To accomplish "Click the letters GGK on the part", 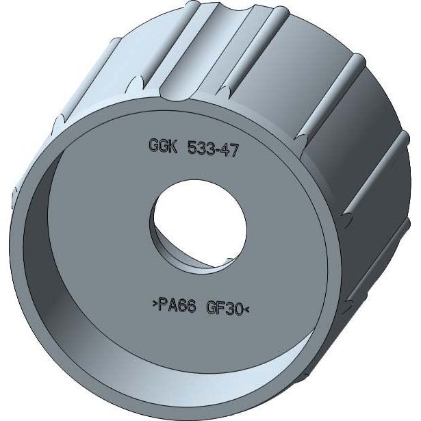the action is [163, 146].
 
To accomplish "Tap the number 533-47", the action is [213, 149].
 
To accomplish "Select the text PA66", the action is [177, 305].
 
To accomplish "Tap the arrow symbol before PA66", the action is [155, 304].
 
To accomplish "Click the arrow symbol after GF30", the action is [246, 310].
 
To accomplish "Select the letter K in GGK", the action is [173, 146].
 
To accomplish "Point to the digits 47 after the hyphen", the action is [230, 150].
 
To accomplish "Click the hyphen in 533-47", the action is [218, 151].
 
